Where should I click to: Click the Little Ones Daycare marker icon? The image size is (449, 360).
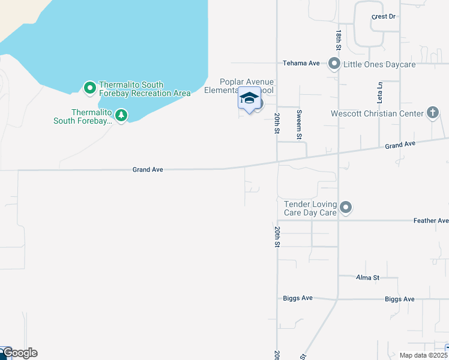click(334, 64)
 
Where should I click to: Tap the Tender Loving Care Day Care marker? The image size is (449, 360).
click(345, 208)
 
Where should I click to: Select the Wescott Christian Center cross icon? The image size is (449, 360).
click(432, 113)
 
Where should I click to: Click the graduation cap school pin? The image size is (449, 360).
click(249, 98)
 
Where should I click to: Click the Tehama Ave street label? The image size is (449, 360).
click(301, 63)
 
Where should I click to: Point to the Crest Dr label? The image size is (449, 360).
click(384, 17)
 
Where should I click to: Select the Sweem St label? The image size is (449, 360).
click(299, 125)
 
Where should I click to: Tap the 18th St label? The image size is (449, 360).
click(339, 40)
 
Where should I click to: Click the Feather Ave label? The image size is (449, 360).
click(431, 221)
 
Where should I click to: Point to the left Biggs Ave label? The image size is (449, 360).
click(298, 298)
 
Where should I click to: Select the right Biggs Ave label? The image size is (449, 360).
click(400, 299)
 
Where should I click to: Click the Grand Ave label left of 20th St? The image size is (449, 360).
click(148, 170)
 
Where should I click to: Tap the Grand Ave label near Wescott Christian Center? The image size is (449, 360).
click(400, 145)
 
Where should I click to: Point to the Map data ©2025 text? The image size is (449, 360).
click(423, 355)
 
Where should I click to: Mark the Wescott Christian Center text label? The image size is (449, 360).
click(377, 113)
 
